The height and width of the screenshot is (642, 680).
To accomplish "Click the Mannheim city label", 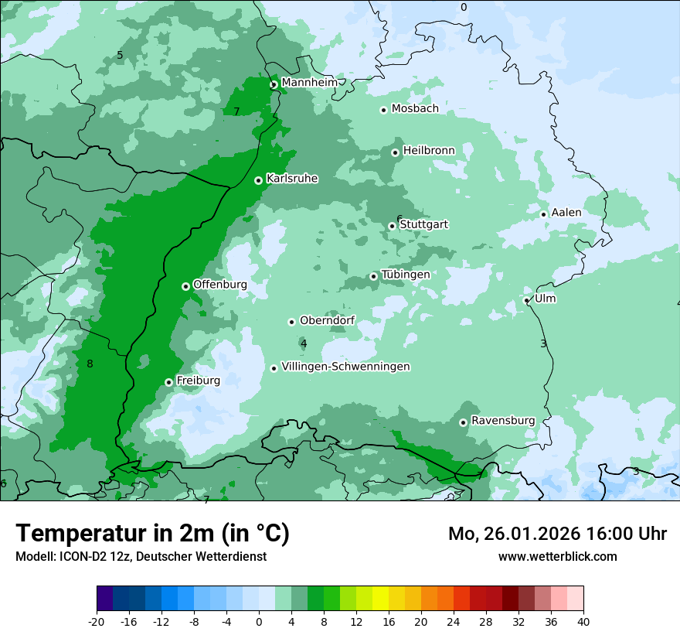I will pyautogui.click(x=309, y=82).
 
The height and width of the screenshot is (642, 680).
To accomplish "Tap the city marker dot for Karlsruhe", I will pyautogui.click(x=258, y=180).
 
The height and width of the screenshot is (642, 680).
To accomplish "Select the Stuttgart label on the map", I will pyautogui.click(x=423, y=224).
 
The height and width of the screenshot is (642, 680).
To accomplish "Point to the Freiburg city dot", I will pyautogui.click(x=168, y=382).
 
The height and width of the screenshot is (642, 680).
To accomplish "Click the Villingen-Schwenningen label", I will pyautogui.click(x=345, y=367).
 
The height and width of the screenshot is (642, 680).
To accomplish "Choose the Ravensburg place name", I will pyautogui.click(x=502, y=421).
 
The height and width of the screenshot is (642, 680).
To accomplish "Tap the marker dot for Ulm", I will pyautogui.click(x=526, y=300).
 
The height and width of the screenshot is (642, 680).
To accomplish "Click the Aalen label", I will pyautogui.click(x=566, y=213).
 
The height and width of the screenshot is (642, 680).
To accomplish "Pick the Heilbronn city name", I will pyautogui.click(x=429, y=150).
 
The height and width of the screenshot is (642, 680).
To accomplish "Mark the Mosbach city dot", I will pyautogui.click(x=383, y=110).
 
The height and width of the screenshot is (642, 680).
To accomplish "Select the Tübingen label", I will pyautogui.click(x=405, y=275).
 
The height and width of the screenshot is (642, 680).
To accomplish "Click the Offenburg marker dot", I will pyautogui.click(x=185, y=286).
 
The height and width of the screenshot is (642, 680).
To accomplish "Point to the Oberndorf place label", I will pyautogui.click(x=327, y=320).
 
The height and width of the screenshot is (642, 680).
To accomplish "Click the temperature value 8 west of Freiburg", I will pyautogui.click(x=90, y=364).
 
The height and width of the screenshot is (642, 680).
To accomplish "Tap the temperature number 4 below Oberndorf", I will pyautogui.click(x=304, y=343).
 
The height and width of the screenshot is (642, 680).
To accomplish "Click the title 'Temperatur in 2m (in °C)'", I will pyautogui.click(x=152, y=533).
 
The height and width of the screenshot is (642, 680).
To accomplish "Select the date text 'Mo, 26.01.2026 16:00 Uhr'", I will pyautogui.click(x=557, y=534).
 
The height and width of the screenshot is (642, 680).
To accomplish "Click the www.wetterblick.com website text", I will pyautogui.click(x=557, y=556).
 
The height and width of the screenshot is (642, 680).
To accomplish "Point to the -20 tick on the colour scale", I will pyautogui.click(x=97, y=622).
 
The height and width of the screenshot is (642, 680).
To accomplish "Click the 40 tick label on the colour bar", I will pyautogui.click(x=583, y=622).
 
